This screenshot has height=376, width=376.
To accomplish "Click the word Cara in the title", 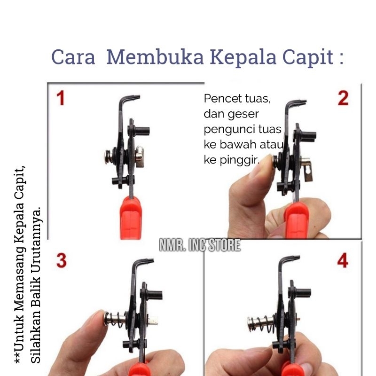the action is (73, 57).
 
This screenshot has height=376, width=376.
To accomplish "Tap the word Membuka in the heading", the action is (155, 57).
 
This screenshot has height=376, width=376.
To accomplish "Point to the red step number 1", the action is (61, 98).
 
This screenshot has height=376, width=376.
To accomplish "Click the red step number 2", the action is (343, 98).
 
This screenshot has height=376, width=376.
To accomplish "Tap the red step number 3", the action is (62, 261).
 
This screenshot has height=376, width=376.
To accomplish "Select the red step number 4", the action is (343, 260).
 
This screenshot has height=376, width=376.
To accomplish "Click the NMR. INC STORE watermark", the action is (200, 245).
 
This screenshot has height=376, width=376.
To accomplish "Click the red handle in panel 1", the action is (131, 218).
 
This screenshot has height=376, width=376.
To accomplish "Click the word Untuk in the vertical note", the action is (19, 334).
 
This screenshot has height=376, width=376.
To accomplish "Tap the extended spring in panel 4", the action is (263, 324).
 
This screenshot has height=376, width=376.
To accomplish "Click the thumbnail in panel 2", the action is (261, 165).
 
